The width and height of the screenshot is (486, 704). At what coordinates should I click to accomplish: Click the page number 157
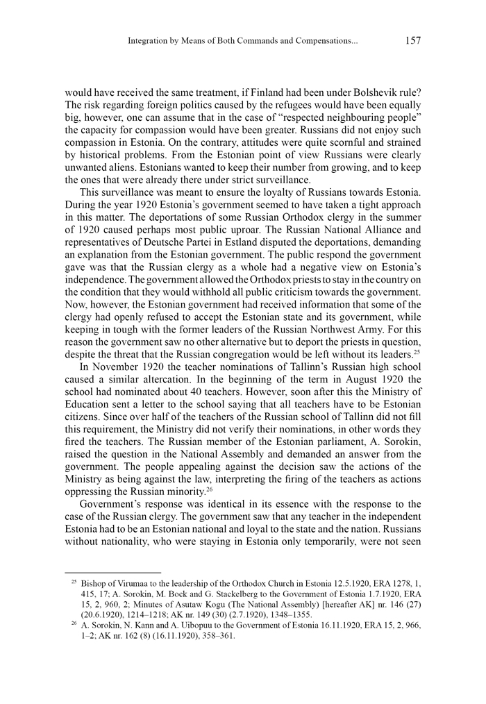[x=412, y=41]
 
